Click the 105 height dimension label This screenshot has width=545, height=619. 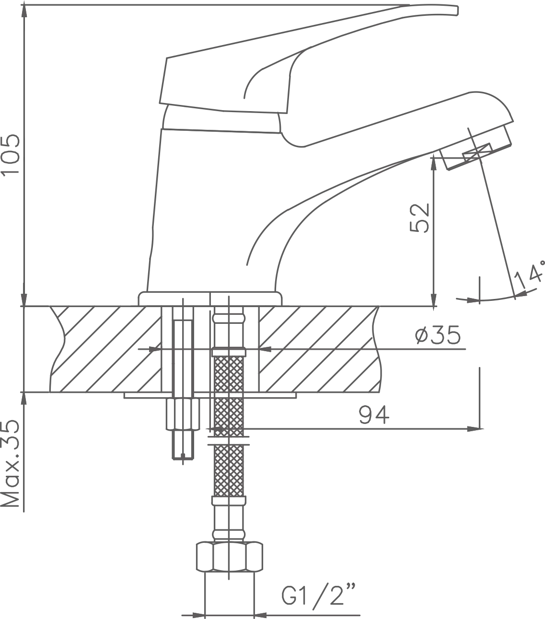click(11, 154)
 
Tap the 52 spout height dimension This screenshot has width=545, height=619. click(420, 218)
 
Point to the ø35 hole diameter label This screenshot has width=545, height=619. click(438, 335)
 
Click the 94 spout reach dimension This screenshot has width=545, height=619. click(374, 414)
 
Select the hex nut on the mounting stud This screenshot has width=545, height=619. click(183, 413)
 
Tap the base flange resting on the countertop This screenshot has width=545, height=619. click(210, 298)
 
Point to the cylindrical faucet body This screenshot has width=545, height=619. click(211, 211)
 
